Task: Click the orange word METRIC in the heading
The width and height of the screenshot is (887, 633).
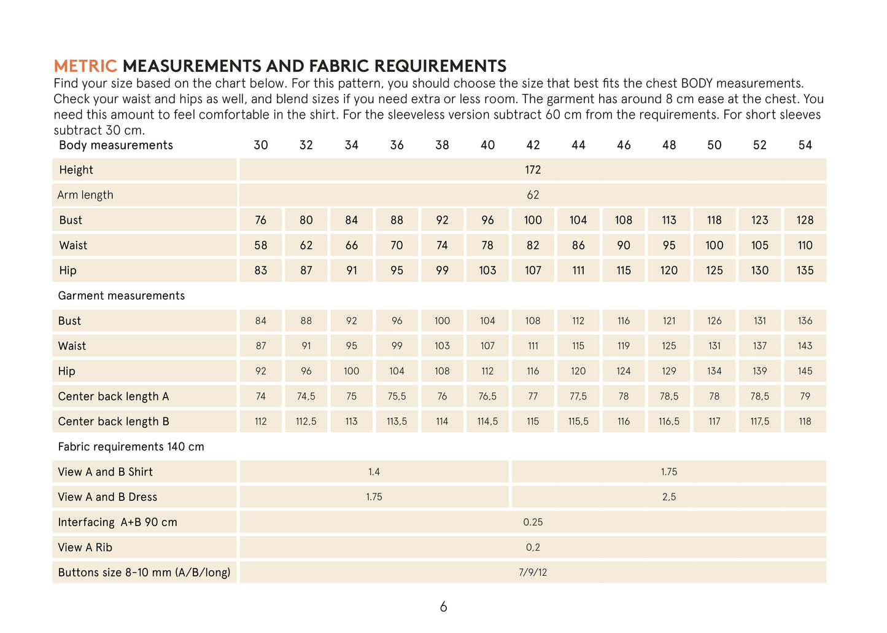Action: pos(85,66)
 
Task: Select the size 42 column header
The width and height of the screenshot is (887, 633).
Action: pos(533,145)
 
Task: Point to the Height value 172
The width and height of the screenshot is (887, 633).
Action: pos(533,170)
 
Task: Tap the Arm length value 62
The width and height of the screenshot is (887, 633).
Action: pos(533,195)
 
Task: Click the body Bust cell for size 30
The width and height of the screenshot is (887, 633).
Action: pos(261,220)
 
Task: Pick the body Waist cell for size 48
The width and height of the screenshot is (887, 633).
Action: pos(669,245)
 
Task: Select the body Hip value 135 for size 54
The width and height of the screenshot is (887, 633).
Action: pos(805,270)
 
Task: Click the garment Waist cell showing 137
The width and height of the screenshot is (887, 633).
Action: pos(760,346)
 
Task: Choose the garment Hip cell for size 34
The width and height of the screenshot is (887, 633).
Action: pos(351,371)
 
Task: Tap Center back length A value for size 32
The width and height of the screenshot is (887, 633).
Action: pos(306,396)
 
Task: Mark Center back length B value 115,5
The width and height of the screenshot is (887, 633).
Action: pos(578,422)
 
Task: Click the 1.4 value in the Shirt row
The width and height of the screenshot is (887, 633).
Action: pos(374,472)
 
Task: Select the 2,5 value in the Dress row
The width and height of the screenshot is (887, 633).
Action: pos(669,497)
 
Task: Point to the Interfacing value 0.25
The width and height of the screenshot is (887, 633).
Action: pos(533,522)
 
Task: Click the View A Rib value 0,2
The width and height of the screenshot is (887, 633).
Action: pos(533,548)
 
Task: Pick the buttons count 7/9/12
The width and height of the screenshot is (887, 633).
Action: pos(533,573)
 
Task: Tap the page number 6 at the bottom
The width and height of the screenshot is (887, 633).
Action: pos(443,607)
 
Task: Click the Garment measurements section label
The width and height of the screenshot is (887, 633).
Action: pos(121,296)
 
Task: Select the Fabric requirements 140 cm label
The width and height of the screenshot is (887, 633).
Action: pos(131,447)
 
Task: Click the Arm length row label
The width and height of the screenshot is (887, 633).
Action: pos(85,195)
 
